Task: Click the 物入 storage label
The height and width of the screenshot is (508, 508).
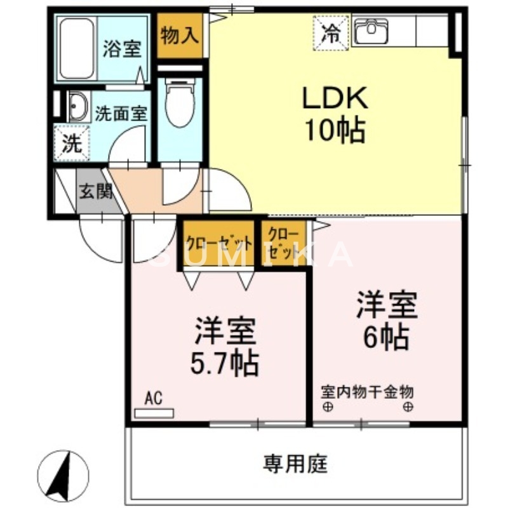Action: [179, 36]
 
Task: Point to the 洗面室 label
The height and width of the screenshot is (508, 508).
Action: [121, 114]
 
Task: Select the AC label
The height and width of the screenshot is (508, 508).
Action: [153, 399]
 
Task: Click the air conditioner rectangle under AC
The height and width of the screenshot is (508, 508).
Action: [154, 413]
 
